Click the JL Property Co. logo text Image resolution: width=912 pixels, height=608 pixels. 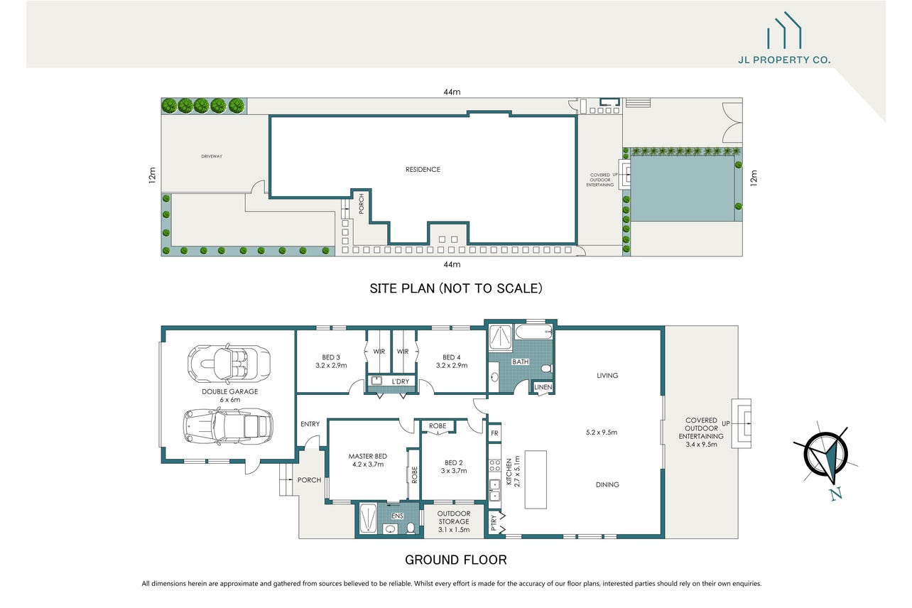784,60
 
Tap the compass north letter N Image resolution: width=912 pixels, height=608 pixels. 836,494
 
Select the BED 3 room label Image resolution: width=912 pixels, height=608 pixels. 331,357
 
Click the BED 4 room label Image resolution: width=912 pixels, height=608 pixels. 452,357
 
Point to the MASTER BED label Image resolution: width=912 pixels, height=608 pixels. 368,457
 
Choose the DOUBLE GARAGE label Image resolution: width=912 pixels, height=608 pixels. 229,392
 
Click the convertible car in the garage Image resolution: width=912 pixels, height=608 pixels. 229,363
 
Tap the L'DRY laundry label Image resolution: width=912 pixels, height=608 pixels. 400,381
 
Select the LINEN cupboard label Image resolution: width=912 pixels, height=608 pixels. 543,387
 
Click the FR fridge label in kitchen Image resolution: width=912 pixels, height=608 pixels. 494,433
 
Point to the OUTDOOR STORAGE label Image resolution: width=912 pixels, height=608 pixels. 454,518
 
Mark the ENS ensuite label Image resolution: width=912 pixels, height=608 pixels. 397,516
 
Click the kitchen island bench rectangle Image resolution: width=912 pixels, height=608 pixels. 536,479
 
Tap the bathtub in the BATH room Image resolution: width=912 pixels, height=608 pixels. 533,332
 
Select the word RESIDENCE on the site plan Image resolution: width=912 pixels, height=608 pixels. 423,170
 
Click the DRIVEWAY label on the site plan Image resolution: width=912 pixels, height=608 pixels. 212,156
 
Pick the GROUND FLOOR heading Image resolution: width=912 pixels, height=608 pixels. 456,560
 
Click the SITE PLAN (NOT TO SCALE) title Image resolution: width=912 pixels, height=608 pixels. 456,288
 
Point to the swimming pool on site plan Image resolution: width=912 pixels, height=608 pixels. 683,188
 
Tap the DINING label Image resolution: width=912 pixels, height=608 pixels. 607,484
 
